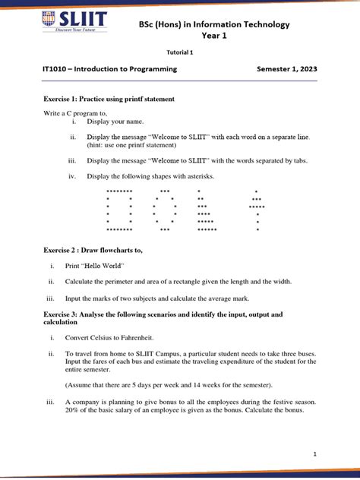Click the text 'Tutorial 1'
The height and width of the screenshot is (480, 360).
[x=180, y=52]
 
